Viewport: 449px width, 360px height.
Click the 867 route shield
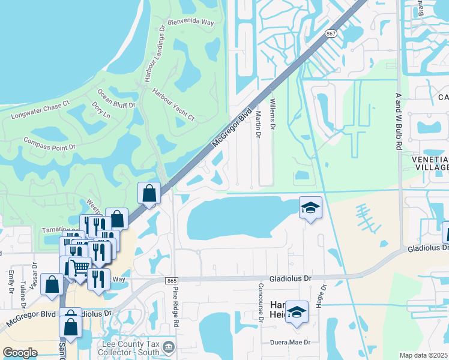pos(331,34)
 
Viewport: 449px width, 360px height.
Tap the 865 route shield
pos(173,280)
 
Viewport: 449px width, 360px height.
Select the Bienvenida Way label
pos(191,22)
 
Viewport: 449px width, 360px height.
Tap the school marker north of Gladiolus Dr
pos(310,208)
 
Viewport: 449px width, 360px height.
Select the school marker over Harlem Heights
pos(297,312)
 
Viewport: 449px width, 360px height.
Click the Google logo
pos(20,353)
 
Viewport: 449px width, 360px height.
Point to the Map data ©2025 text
pos(423,355)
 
